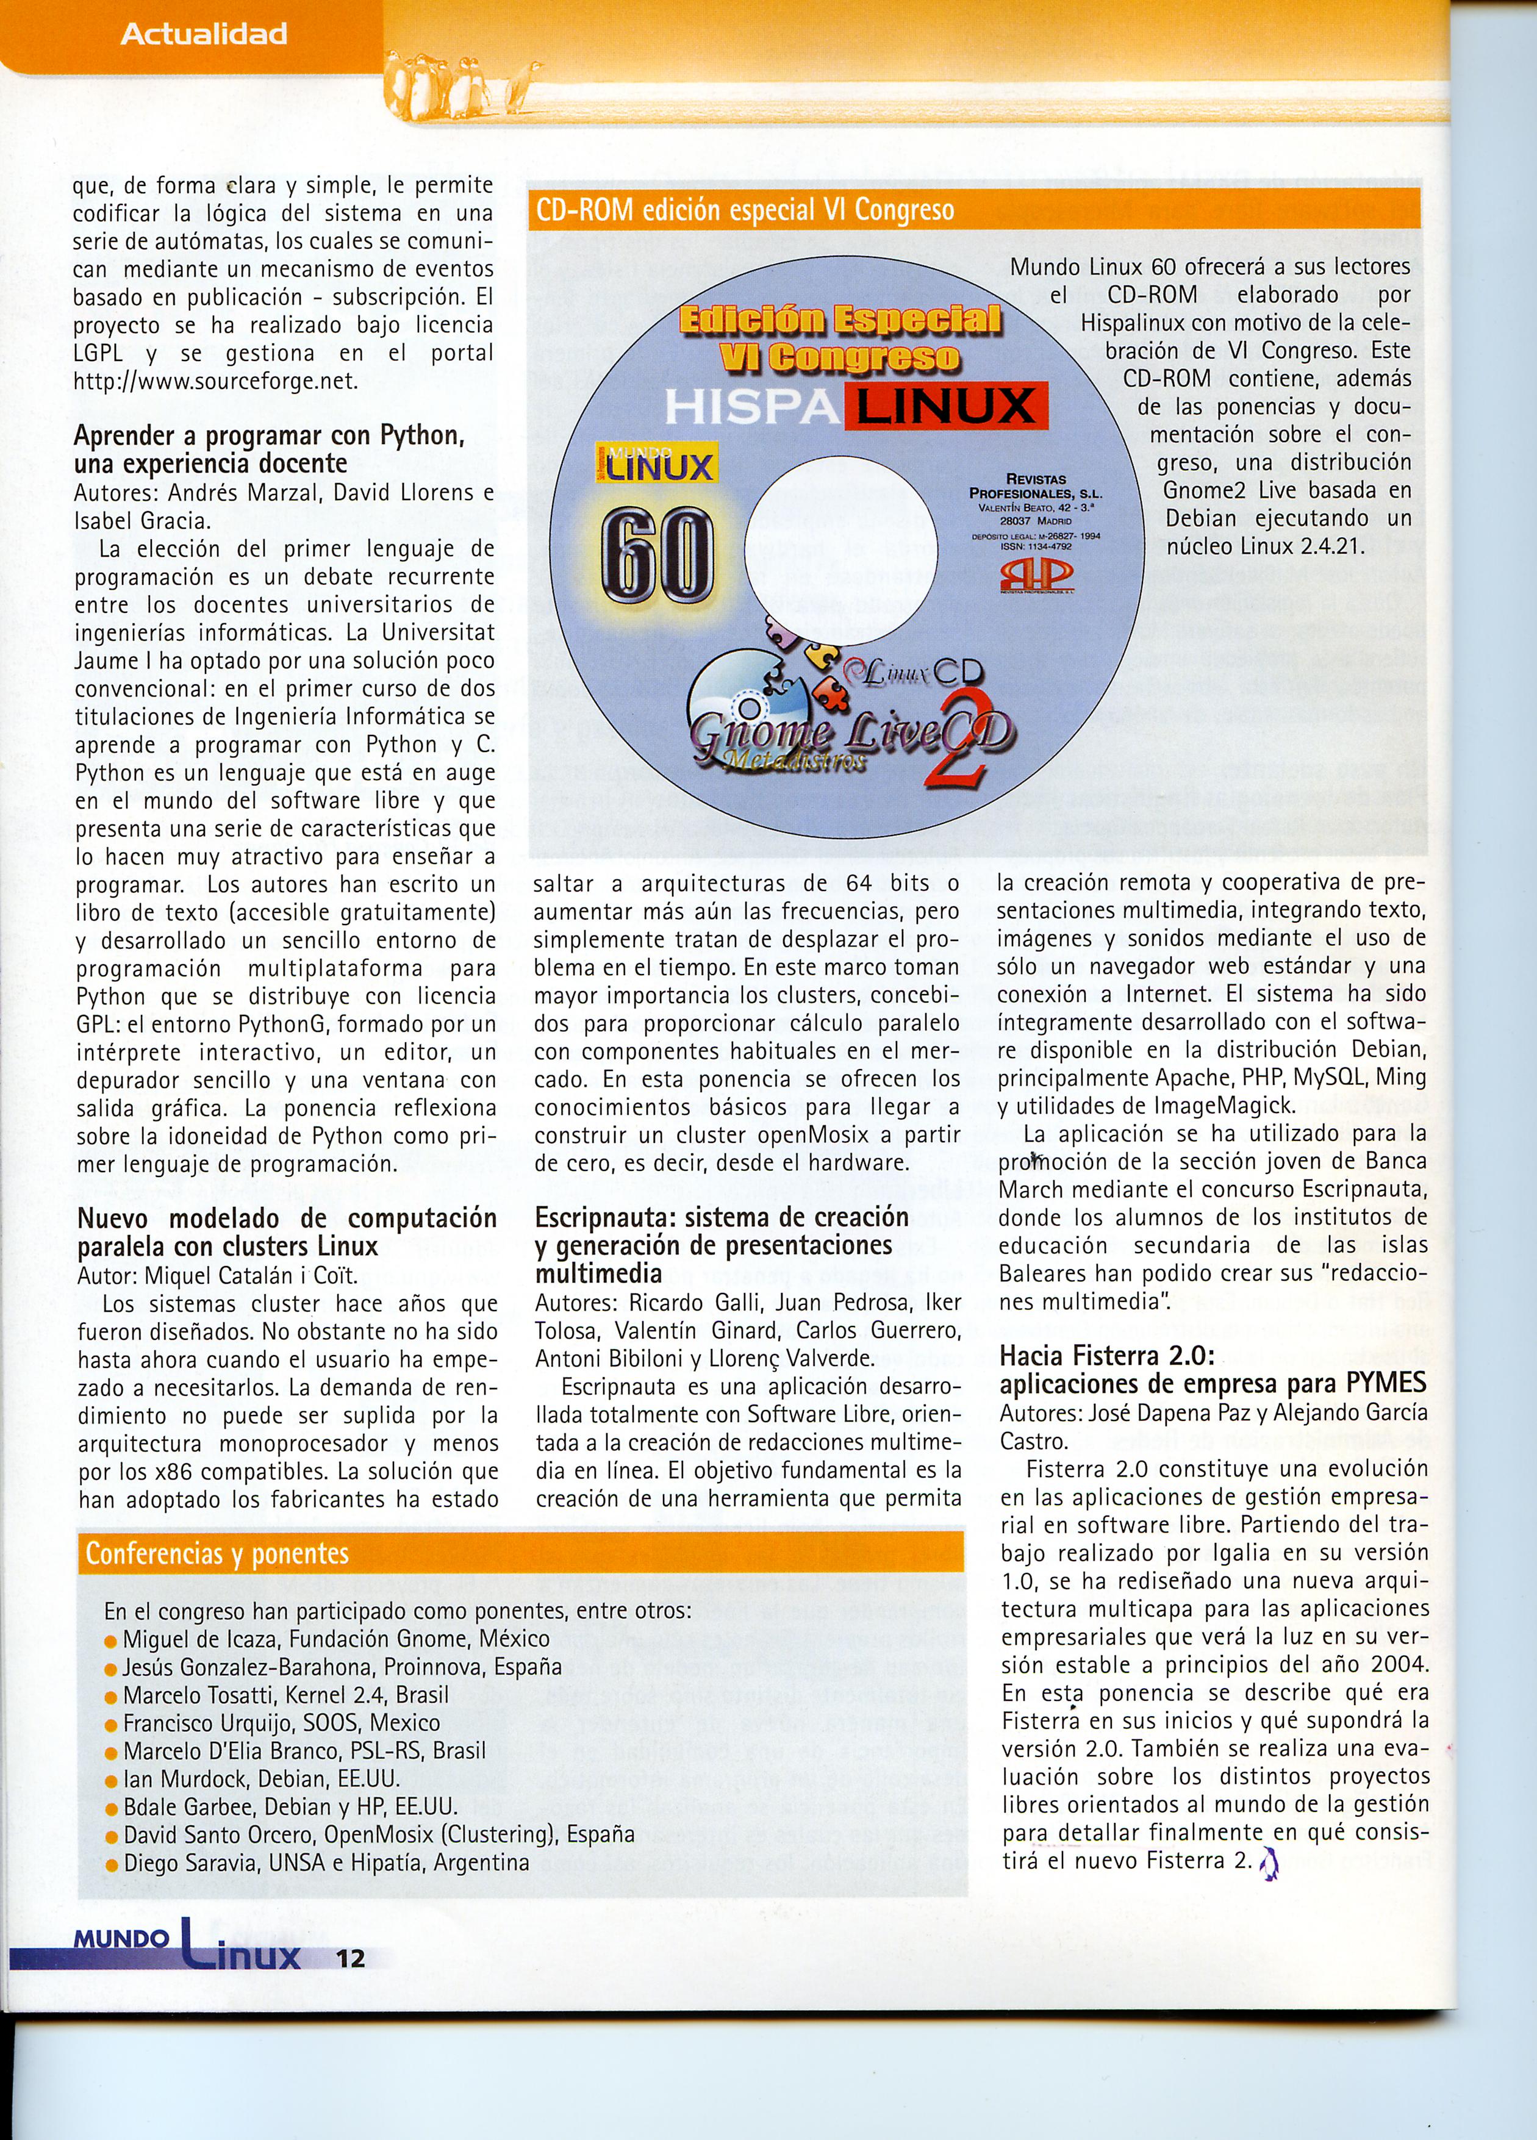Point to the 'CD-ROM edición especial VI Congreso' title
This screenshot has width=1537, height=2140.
(745, 209)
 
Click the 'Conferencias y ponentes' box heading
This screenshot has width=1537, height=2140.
(217, 1553)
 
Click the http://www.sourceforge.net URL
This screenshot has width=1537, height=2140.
(216, 381)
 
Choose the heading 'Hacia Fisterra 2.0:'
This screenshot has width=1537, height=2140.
(1106, 1356)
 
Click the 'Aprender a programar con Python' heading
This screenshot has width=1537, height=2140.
(269, 436)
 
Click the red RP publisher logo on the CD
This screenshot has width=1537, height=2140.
(1034, 578)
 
